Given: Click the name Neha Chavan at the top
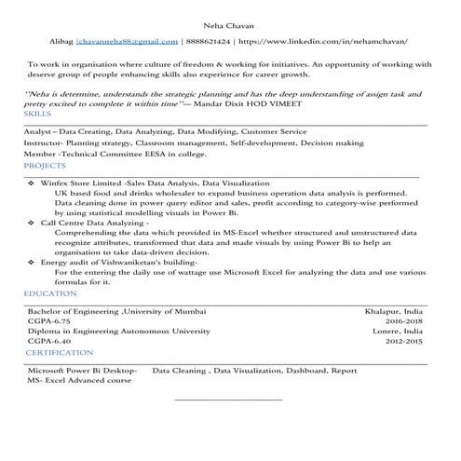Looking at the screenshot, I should [230, 25].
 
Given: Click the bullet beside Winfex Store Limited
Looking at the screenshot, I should [33, 185].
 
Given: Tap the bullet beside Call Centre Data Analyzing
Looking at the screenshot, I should [33, 224].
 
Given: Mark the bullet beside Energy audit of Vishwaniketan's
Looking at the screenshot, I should [33, 264].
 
